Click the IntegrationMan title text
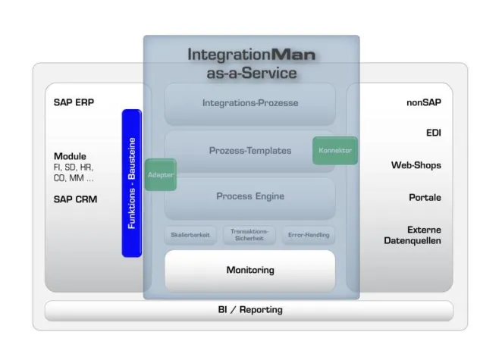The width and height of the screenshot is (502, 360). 251,55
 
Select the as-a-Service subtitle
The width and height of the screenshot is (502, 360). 251,74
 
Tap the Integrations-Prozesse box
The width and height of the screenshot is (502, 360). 250,103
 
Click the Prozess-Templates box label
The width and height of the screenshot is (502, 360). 250,150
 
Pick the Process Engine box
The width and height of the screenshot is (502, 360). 250,196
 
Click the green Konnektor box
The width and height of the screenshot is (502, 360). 334,150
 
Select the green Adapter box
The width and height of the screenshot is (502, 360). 161,174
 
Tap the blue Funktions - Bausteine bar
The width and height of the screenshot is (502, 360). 132,183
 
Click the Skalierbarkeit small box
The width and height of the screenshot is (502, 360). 190,235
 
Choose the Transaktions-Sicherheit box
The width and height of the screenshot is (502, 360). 249,235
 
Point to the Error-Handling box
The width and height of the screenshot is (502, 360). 309,235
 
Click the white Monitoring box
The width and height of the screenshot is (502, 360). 250,271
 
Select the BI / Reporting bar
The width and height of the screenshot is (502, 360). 249,310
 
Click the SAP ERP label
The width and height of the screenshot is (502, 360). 74,102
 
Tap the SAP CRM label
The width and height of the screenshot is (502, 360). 75,199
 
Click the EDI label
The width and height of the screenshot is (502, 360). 433,133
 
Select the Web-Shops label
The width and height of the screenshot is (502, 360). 416,164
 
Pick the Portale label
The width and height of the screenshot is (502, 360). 425,197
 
